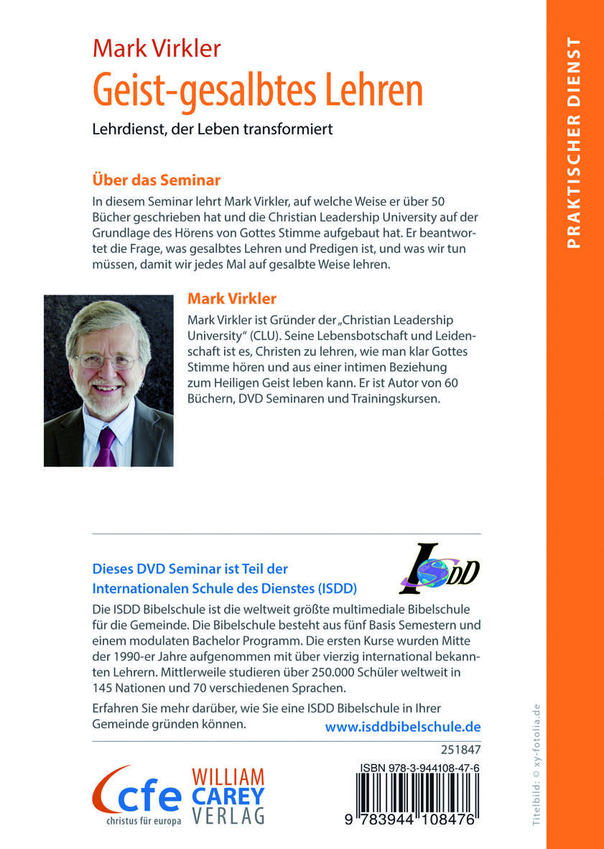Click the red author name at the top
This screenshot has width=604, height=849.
(x=157, y=49)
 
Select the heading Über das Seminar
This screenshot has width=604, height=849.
(x=156, y=179)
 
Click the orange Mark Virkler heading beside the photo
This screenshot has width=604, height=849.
(x=231, y=298)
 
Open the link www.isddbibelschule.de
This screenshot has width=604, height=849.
(x=403, y=727)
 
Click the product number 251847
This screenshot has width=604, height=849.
(x=463, y=751)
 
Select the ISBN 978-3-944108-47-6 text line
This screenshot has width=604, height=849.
(x=420, y=768)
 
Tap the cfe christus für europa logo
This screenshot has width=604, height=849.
(x=136, y=794)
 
